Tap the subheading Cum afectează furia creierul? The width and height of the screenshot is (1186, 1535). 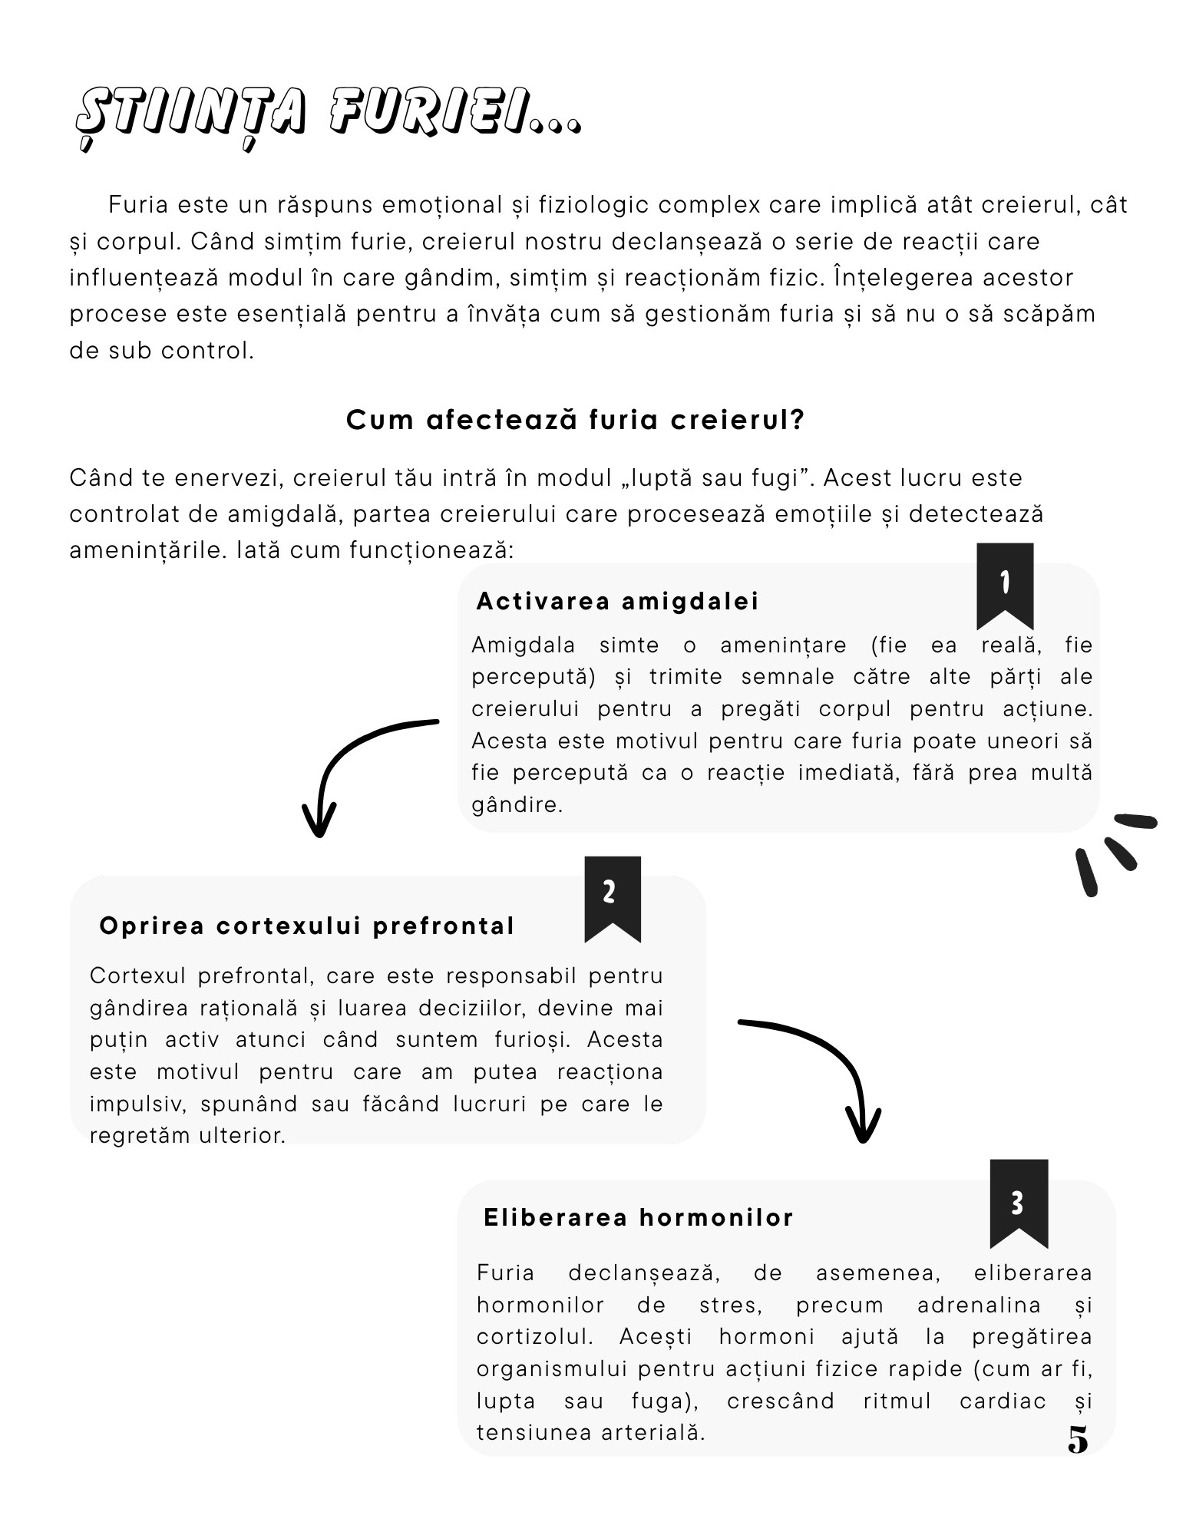(575, 420)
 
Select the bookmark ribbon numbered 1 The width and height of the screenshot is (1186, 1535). (1004, 585)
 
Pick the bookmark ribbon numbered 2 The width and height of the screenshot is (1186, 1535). (612, 896)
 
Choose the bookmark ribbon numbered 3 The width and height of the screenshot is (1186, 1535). (1018, 1203)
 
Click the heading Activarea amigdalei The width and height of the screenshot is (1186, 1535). (617, 601)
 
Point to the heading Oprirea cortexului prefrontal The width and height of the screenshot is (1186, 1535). (307, 926)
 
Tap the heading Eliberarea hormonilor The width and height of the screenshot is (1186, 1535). (639, 1217)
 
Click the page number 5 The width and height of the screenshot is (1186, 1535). (1078, 1440)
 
